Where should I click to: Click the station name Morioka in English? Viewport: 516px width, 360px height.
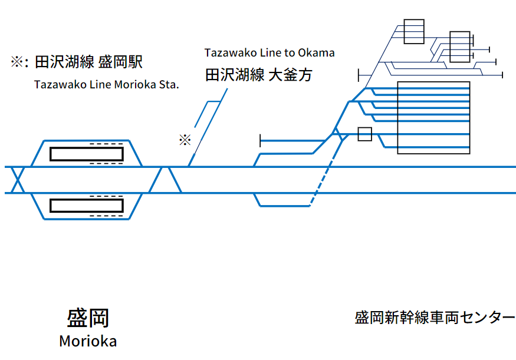[x=88, y=341]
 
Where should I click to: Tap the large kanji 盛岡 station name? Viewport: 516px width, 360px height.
[x=88, y=318]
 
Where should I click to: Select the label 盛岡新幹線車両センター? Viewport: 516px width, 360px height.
[x=435, y=318]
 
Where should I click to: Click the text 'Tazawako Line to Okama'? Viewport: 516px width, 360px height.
[x=269, y=52]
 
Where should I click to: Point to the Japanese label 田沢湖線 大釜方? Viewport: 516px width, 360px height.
[x=258, y=75]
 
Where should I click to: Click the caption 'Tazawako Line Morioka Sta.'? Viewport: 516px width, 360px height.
[x=106, y=84]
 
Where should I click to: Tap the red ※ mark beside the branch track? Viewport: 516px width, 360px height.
[x=185, y=140]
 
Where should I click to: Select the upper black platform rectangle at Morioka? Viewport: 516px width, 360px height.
[x=87, y=154]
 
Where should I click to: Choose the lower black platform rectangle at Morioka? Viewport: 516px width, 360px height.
[x=87, y=206]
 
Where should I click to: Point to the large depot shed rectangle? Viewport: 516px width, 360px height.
[x=433, y=118]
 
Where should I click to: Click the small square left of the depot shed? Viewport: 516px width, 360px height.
[x=365, y=134]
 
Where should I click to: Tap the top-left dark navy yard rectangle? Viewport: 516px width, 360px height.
[x=414, y=31]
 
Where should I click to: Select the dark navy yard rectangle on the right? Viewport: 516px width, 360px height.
[x=459, y=47]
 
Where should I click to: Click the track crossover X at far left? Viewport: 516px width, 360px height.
[x=18, y=180]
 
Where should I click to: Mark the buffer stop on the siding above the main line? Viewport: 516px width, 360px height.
[x=261, y=141]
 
